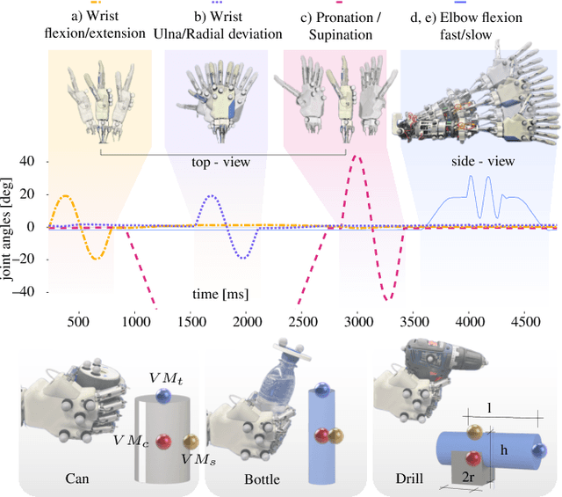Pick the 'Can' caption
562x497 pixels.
point(76,479)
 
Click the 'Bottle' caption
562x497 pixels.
point(263,479)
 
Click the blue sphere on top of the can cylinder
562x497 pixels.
point(163,397)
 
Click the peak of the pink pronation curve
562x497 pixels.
point(356,157)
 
